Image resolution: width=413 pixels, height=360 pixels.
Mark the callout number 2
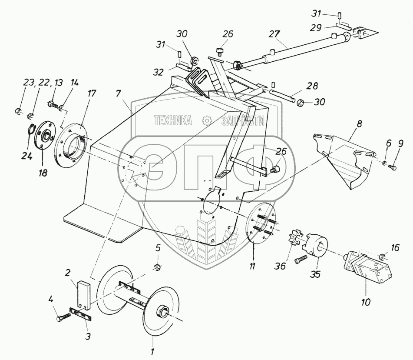coord(68,273)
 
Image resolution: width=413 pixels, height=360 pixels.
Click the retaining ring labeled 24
coord(31,129)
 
